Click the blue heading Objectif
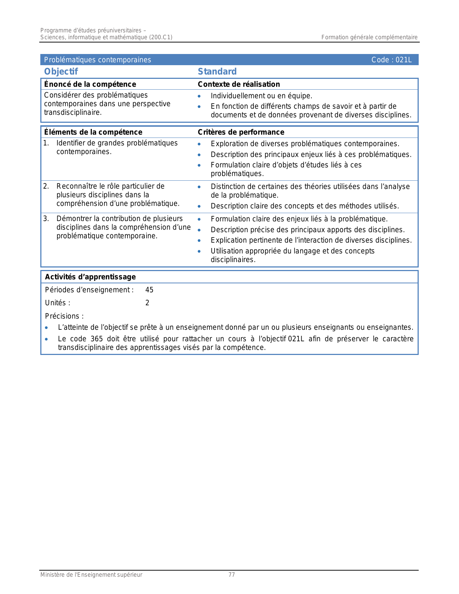pyautogui.click(x=61, y=72)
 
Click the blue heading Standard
pyautogui.click(x=217, y=72)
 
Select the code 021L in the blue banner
pyautogui.click(x=404, y=60)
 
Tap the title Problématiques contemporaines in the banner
pyautogui.click(x=98, y=60)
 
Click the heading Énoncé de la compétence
pyautogui.click(x=90, y=84)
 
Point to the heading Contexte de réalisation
pyautogui.click(x=239, y=84)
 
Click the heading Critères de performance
pyautogui.click(x=241, y=132)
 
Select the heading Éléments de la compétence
pyautogui.click(x=93, y=132)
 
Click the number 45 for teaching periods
pyautogui.click(x=149, y=290)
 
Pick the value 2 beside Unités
pyautogui.click(x=147, y=303)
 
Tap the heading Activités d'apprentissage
pyautogui.click(x=90, y=277)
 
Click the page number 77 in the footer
pyautogui.click(x=232, y=575)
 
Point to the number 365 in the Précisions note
pyautogui.click(x=96, y=339)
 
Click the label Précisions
pyautogui.click(x=64, y=316)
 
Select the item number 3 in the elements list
pyautogui.click(x=46, y=219)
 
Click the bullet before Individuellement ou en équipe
pyautogui.click(x=199, y=96)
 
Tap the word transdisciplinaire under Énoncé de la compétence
pyautogui.click(x=72, y=112)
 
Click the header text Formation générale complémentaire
pyautogui.click(x=369, y=37)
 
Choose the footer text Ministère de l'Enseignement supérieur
pyautogui.click(x=91, y=575)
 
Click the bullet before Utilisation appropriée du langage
pyautogui.click(x=199, y=251)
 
